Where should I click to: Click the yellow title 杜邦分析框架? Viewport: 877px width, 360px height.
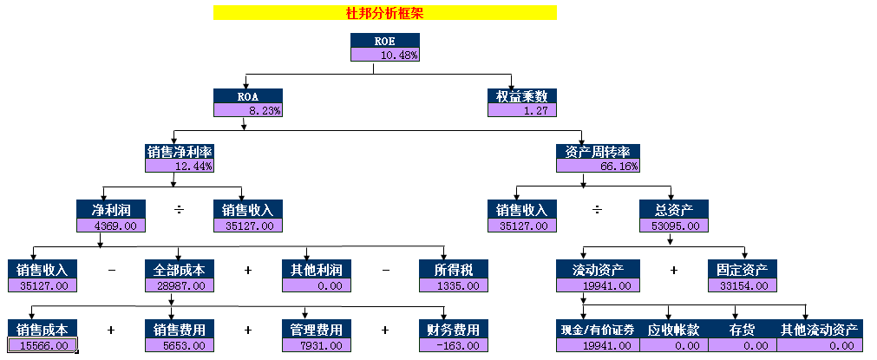[x=384, y=13]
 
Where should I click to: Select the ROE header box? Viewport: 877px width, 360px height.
[x=384, y=41]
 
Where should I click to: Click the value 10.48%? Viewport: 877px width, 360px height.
[x=384, y=55]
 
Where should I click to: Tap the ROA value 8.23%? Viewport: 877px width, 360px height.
[x=247, y=110]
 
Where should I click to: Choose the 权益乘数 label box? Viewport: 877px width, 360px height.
[x=521, y=96]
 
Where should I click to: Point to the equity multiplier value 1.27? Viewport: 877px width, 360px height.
[x=521, y=110]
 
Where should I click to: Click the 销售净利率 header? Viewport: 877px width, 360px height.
[x=179, y=152]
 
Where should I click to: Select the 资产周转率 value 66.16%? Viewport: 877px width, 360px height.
[x=598, y=166]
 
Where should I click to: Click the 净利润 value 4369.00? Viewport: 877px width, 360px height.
[x=110, y=226]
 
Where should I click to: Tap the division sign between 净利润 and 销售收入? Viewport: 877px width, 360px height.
[x=180, y=210]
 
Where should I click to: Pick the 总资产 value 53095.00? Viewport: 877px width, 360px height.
[x=673, y=226]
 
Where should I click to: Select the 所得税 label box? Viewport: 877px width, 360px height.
[x=453, y=269]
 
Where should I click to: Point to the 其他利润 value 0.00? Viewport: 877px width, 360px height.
[x=316, y=285]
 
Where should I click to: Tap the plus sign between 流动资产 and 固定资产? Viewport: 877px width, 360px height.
[x=674, y=270]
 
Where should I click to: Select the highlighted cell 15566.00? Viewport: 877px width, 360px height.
[x=43, y=345]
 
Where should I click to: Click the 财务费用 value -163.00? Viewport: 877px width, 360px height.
[x=453, y=345]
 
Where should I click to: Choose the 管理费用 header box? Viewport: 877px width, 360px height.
[x=316, y=330]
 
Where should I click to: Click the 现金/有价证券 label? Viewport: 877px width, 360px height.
[x=598, y=330]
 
